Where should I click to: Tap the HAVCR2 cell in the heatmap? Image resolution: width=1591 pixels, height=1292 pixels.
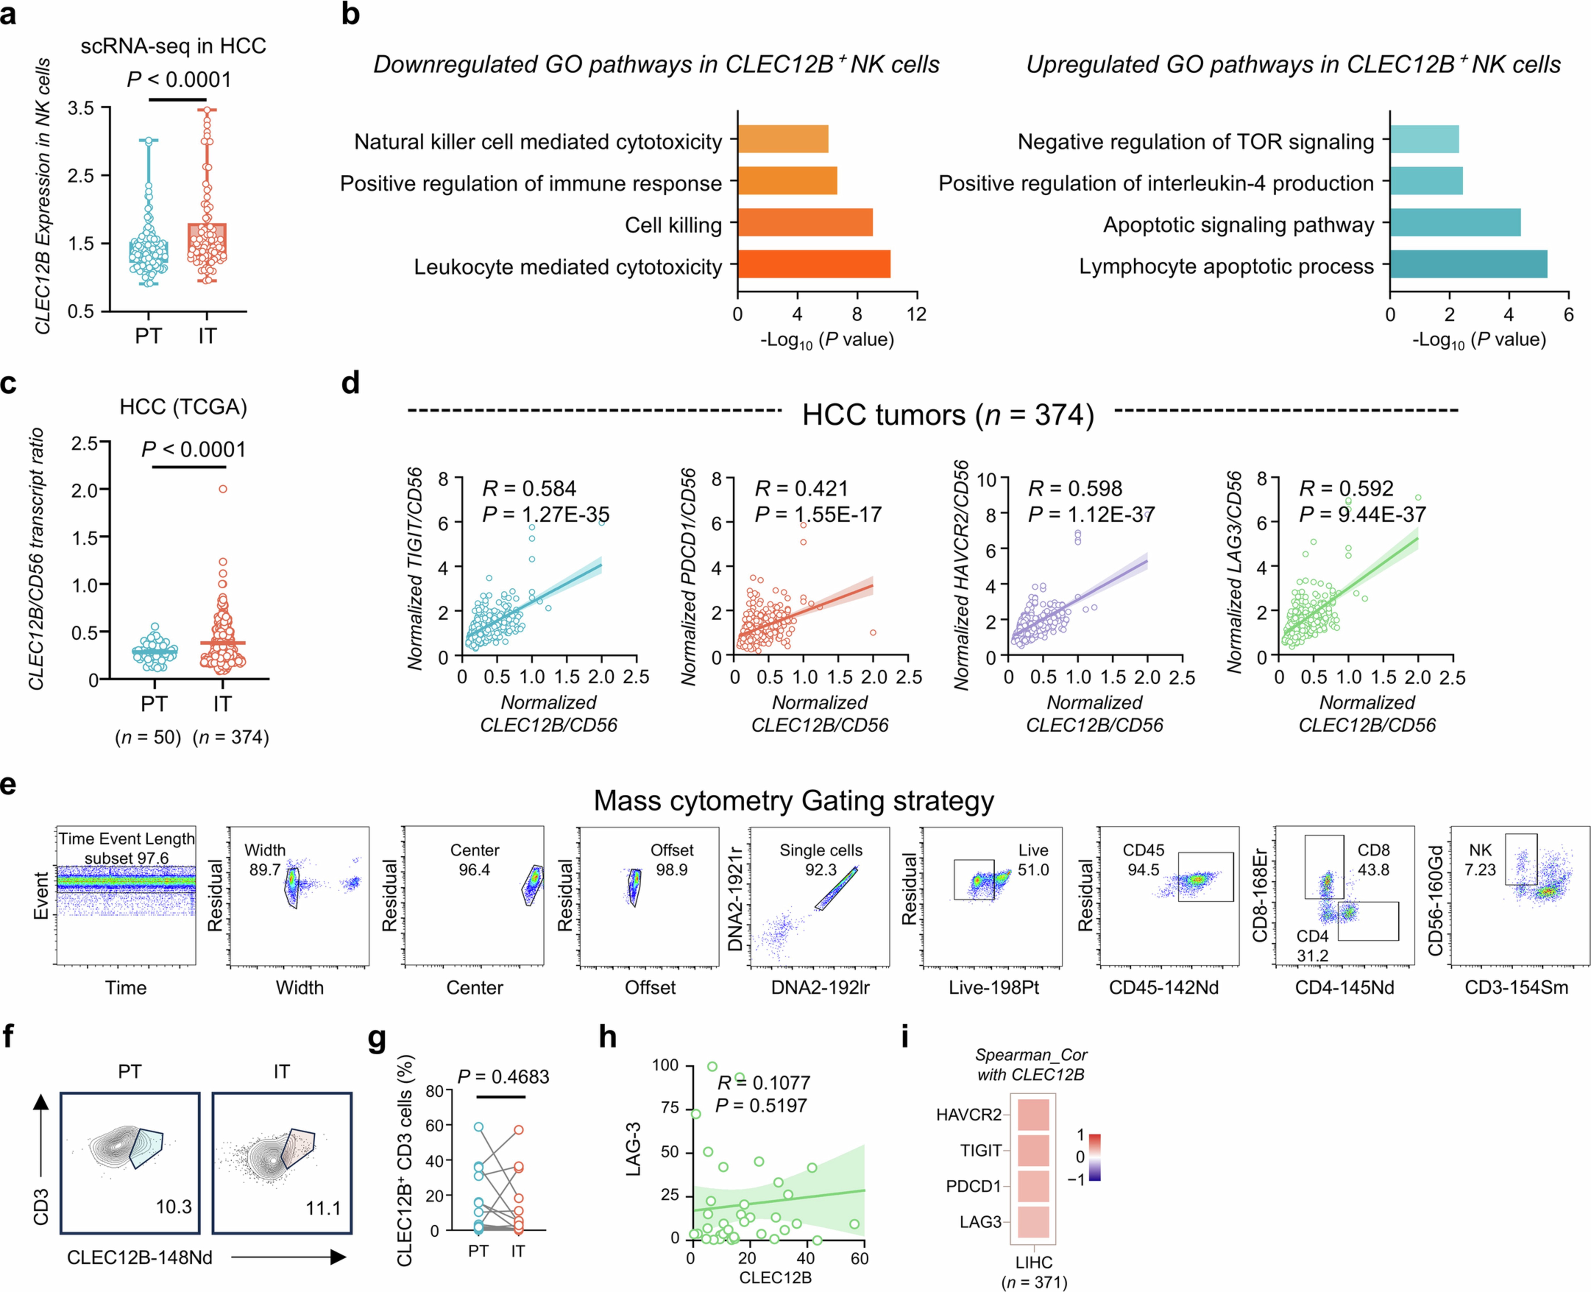[1032, 1114]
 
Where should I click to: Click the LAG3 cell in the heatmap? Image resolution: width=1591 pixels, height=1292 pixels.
[1032, 1221]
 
